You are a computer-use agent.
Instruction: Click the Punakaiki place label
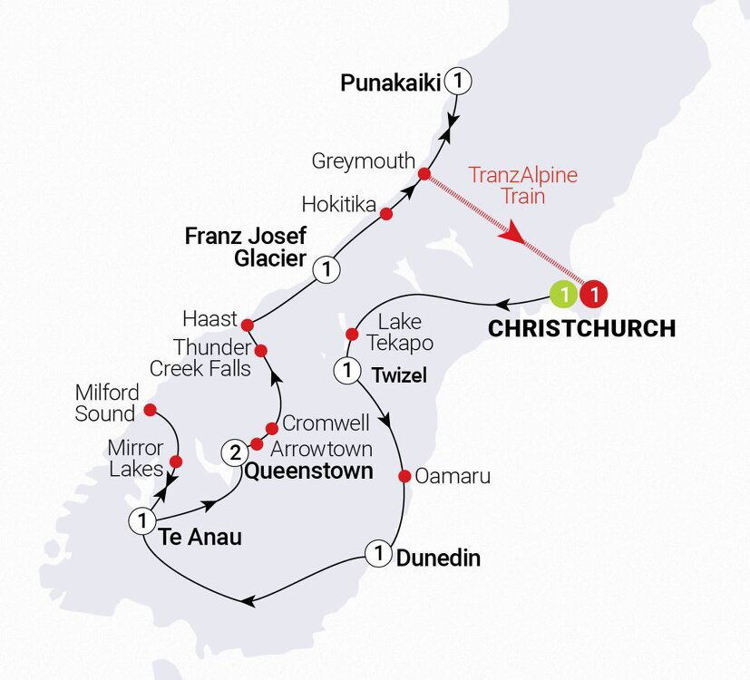point(390,83)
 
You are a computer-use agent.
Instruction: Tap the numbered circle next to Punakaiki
point(460,82)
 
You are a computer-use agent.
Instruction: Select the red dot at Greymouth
point(424,173)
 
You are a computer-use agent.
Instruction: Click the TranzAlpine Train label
point(522,185)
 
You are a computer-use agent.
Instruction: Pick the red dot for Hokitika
point(386,214)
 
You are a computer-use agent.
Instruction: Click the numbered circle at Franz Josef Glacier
point(326,269)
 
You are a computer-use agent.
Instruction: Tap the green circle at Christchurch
point(562,294)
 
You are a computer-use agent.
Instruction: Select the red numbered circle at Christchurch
point(594,294)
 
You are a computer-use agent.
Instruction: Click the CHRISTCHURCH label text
point(581,328)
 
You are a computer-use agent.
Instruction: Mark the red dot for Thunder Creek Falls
point(260,350)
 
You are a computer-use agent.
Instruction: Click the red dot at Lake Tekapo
point(352,335)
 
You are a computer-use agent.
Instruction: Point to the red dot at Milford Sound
point(151,409)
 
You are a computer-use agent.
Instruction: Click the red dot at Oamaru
point(404,476)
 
